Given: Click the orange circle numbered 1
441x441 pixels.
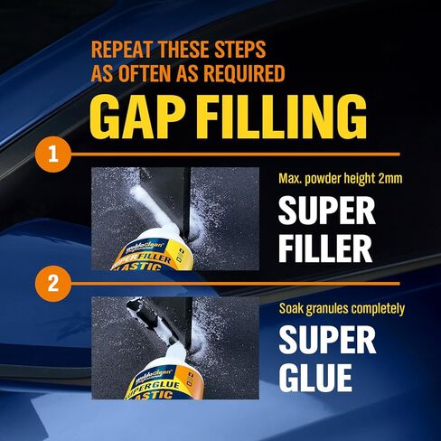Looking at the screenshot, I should pyautogui.click(x=53, y=154).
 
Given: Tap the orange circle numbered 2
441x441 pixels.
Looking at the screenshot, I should pyautogui.click(x=53, y=286).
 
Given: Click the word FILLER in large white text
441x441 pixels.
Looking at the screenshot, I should pyautogui.click(x=324, y=246).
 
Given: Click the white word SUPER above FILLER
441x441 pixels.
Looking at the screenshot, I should pyautogui.click(x=326, y=211).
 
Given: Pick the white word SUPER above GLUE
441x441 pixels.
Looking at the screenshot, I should pyautogui.click(x=326, y=340).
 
